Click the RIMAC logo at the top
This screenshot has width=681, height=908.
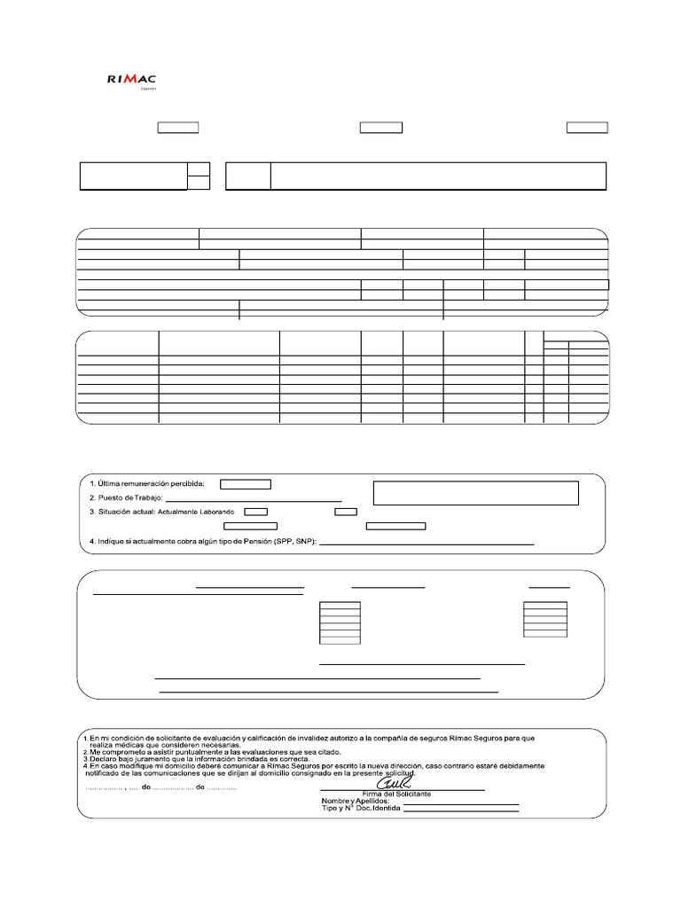point(131,80)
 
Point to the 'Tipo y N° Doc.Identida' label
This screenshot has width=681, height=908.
point(361,810)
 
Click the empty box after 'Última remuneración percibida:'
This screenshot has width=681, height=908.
point(246,484)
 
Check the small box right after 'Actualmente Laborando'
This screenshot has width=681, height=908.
point(255,512)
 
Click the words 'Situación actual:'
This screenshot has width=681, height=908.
point(126,513)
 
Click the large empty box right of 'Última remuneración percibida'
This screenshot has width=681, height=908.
point(476,493)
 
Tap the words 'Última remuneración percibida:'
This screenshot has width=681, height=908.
point(152,484)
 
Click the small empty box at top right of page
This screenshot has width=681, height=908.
point(587,128)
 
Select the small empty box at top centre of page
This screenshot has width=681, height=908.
point(380,128)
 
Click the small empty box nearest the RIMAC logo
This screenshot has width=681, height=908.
point(177,128)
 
